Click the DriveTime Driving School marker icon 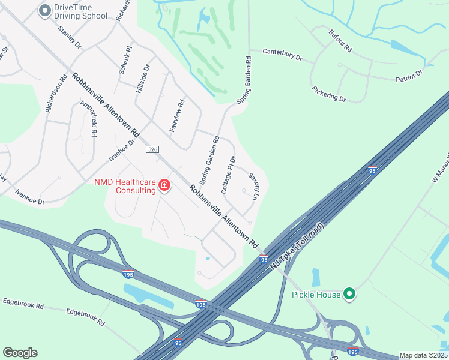pos(44,10)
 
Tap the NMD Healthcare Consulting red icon pos(164,186)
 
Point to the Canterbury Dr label pos(282,55)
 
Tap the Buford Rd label pos(340,40)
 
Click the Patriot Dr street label pos(409,75)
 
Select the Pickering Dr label pos(329,93)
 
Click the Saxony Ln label pos(254,187)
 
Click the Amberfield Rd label pos(89,119)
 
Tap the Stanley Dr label pos(70,35)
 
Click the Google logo pos(20,353)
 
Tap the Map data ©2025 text pos(423,355)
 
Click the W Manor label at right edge pos(438,168)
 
